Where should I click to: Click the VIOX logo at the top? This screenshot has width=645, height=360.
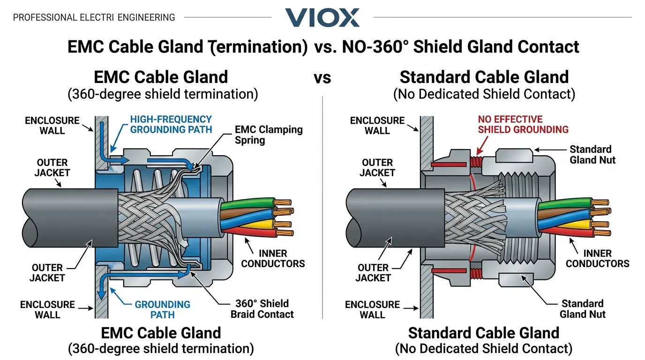point(322,17)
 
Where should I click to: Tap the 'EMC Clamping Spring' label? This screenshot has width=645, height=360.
point(269,135)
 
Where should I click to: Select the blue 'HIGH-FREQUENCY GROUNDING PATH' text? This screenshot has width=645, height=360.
point(171,125)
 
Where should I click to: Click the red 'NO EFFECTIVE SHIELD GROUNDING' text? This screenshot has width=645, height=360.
point(523,124)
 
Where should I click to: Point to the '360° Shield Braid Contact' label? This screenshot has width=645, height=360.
point(262,308)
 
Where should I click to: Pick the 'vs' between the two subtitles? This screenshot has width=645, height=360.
point(322,78)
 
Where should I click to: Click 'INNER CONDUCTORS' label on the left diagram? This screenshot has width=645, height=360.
point(273,258)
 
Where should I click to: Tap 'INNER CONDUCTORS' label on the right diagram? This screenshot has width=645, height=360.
point(597,258)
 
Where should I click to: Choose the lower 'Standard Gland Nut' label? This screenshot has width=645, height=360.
point(583,308)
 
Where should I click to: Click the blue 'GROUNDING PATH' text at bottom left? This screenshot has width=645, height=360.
point(163,309)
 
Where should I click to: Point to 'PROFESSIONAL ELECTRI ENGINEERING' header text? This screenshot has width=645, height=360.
point(94,18)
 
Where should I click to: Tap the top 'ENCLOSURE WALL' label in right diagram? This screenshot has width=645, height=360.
point(377,126)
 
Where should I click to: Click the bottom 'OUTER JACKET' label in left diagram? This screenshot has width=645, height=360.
point(47,273)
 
